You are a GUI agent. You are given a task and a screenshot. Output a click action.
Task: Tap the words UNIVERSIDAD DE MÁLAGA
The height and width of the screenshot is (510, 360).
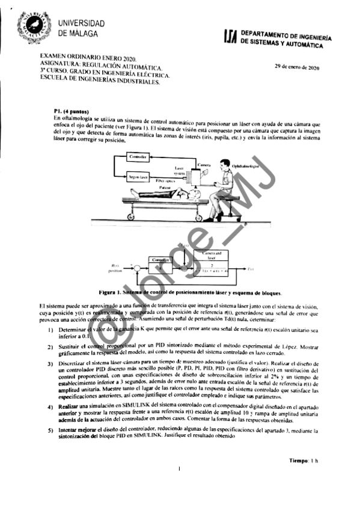tap(82, 28)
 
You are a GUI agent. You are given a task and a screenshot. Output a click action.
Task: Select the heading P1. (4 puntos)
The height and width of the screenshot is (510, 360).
tap(71, 111)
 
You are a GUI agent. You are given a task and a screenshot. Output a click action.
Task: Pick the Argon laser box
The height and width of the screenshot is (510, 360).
tap(138, 177)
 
